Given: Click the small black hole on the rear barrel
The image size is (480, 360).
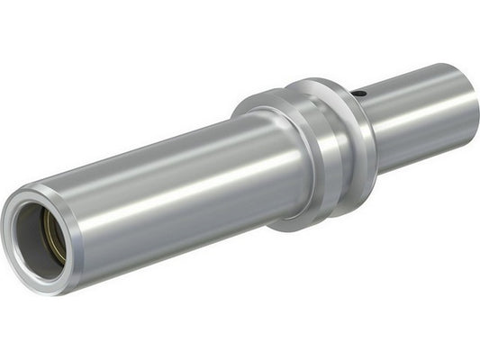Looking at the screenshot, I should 358,92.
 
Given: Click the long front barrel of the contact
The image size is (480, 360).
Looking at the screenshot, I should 180,198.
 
